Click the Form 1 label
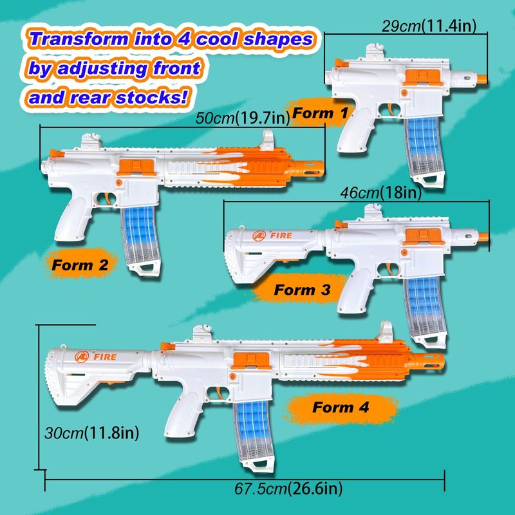(x=319, y=113)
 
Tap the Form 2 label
(x=80, y=265)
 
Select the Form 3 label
(x=302, y=290)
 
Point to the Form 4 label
(x=341, y=407)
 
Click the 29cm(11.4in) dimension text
(x=429, y=26)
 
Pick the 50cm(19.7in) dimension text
(x=243, y=118)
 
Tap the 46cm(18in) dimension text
(x=380, y=192)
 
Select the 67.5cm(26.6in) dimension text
(x=288, y=489)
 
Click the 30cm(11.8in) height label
(x=91, y=433)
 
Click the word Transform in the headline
(x=79, y=39)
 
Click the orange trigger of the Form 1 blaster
(x=391, y=109)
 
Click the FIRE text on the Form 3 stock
(x=281, y=236)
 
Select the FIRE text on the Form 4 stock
(x=105, y=357)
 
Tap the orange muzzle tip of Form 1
(x=482, y=79)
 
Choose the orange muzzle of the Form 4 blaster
(x=426, y=361)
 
